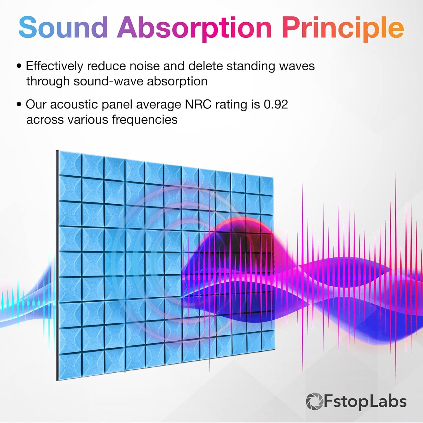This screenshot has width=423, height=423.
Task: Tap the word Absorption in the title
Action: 195,28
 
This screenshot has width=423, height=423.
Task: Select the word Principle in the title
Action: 343,28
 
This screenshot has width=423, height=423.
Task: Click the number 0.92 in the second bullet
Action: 276,104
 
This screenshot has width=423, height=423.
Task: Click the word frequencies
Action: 145,120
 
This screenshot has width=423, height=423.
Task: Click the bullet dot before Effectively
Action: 19,66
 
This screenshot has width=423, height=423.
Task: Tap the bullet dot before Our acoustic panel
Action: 19,105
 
